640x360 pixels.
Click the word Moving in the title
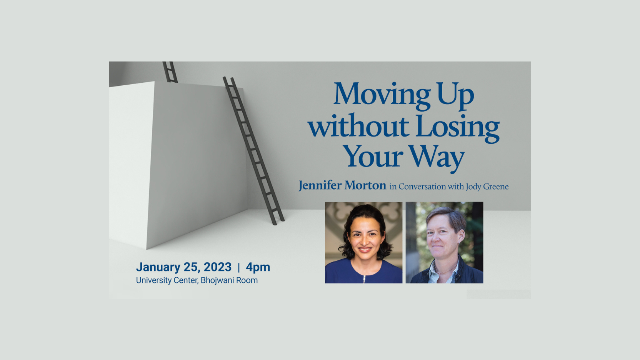382,95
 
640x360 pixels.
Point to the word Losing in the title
458,128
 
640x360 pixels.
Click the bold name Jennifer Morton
343,186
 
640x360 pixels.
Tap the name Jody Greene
487,187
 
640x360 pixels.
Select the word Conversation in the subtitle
422,187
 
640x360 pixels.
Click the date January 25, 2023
184,267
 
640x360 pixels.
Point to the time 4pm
258,267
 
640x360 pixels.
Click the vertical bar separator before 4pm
239,267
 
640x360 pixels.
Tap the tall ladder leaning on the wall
254,150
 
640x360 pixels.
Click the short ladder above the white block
170,72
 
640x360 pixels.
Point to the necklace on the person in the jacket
446,270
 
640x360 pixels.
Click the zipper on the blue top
364,279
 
